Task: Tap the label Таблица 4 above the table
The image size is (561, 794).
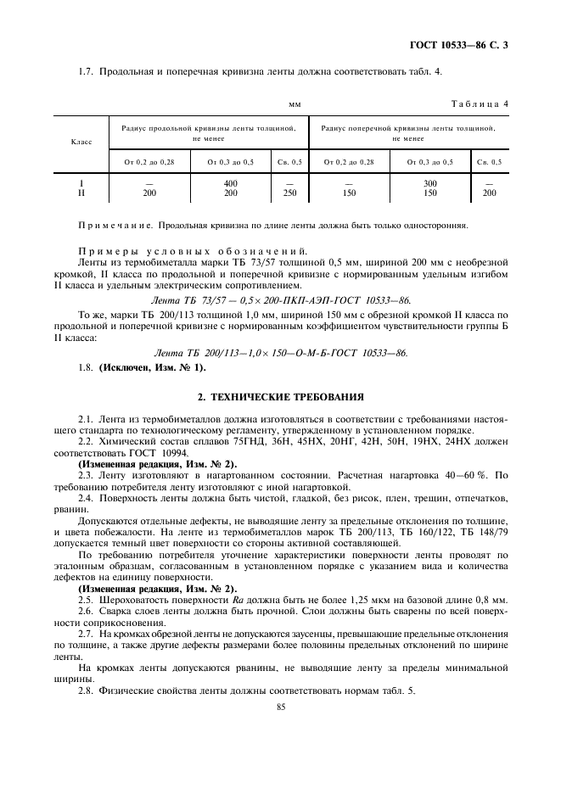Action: pyautogui.click(x=480, y=104)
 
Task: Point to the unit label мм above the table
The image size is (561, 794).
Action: pyautogui.click(x=295, y=104)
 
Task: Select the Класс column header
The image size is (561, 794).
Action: pyautogui.click(x=81, y=142)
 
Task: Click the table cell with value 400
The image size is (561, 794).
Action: pyautogui.click(x=230, y=183)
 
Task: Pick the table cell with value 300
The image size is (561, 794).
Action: pyautogui.click(x=430, y=183)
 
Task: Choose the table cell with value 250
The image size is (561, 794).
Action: pyautogui.click(x=290, y=193)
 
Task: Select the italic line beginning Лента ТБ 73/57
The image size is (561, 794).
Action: pyautogui.click(x=280, y=300)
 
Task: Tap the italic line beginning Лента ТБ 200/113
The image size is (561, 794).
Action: pyautogui.click(x=281, y=352)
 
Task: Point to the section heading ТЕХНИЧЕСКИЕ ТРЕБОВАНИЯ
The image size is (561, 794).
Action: pyautogui.click(x=281, y=396)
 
